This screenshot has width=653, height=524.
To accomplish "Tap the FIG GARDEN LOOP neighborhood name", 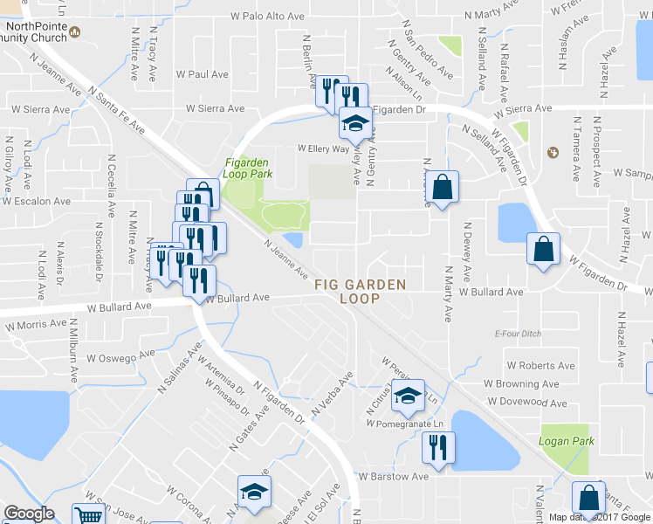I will pyautogui.click(x=360, y=292).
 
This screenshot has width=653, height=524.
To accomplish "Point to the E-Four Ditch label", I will pyautogui.click(x=519, y=334).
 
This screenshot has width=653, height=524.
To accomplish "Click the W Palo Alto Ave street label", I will pyautogui.click(x=266, y=17).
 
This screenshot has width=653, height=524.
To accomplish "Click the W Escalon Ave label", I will pyautogui.click(x=36, y=201).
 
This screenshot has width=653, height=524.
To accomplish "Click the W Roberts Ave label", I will pyautogui.click(x=540, y=366).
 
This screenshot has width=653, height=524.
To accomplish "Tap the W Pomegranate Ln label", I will pyautogui.click(x=405, y=424).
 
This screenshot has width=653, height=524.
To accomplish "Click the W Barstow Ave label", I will pyautogui.click(x=394, y=477).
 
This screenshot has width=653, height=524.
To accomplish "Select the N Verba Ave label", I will pyautogui.click(x=333, y=393).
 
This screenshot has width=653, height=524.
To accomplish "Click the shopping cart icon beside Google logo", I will pyautogui.click(x=89, y=514).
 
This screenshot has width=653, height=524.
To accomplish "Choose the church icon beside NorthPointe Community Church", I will pyautogui.click(x=75, y=32).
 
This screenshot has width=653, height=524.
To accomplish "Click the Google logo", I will pyautogui.click(x=29, y=514).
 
